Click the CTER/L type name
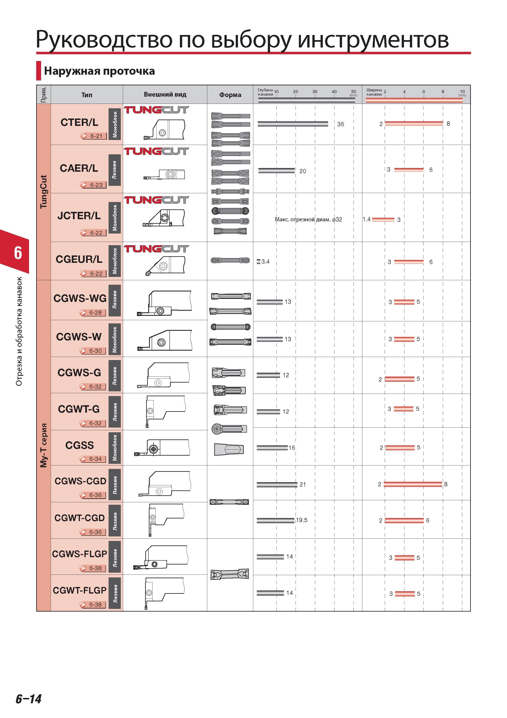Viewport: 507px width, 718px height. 79,122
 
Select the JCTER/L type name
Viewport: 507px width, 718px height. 79,216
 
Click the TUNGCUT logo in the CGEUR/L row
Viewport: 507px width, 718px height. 157,249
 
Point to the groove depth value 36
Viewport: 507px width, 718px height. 341,124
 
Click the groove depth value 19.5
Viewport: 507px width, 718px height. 302,520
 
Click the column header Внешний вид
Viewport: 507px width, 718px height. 165,94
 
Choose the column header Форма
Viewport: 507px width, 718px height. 230,95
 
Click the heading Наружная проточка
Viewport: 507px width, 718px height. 99,71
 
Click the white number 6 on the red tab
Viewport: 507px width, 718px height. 18,253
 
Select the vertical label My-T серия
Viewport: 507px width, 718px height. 44,445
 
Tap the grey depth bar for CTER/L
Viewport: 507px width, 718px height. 293,124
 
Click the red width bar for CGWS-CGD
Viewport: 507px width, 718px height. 413,484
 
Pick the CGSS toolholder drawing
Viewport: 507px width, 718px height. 162,448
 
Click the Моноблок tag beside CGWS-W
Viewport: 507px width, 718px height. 115,340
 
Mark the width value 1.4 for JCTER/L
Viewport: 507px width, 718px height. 366,219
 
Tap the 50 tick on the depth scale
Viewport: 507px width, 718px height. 354,92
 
